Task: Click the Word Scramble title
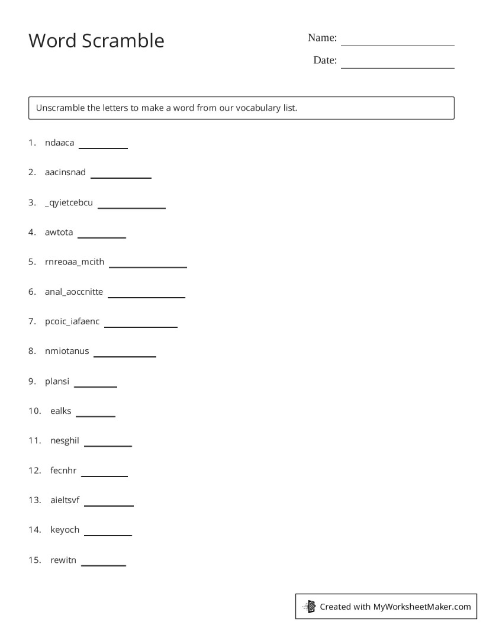click(96, 41)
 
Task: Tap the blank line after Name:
click(397, 44)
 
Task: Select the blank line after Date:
click(397, 66)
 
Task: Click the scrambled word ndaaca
click(59, 143)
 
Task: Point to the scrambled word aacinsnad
click(65, 172)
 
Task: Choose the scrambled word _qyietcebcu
click(69, 202)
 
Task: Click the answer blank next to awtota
click(102, 236)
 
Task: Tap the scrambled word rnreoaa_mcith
click(75, 262)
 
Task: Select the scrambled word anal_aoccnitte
click(74, 291)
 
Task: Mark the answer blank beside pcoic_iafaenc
click(141, 326)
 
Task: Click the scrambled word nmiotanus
click(67, 351)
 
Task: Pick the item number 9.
click(32, 381)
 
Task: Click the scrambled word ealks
click(61, 411)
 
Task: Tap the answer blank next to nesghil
click(108, 444)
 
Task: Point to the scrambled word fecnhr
click(63, 471)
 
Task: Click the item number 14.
click(34, 530)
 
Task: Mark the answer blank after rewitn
click(104, 564)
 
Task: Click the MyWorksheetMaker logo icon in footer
click(309, 606)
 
